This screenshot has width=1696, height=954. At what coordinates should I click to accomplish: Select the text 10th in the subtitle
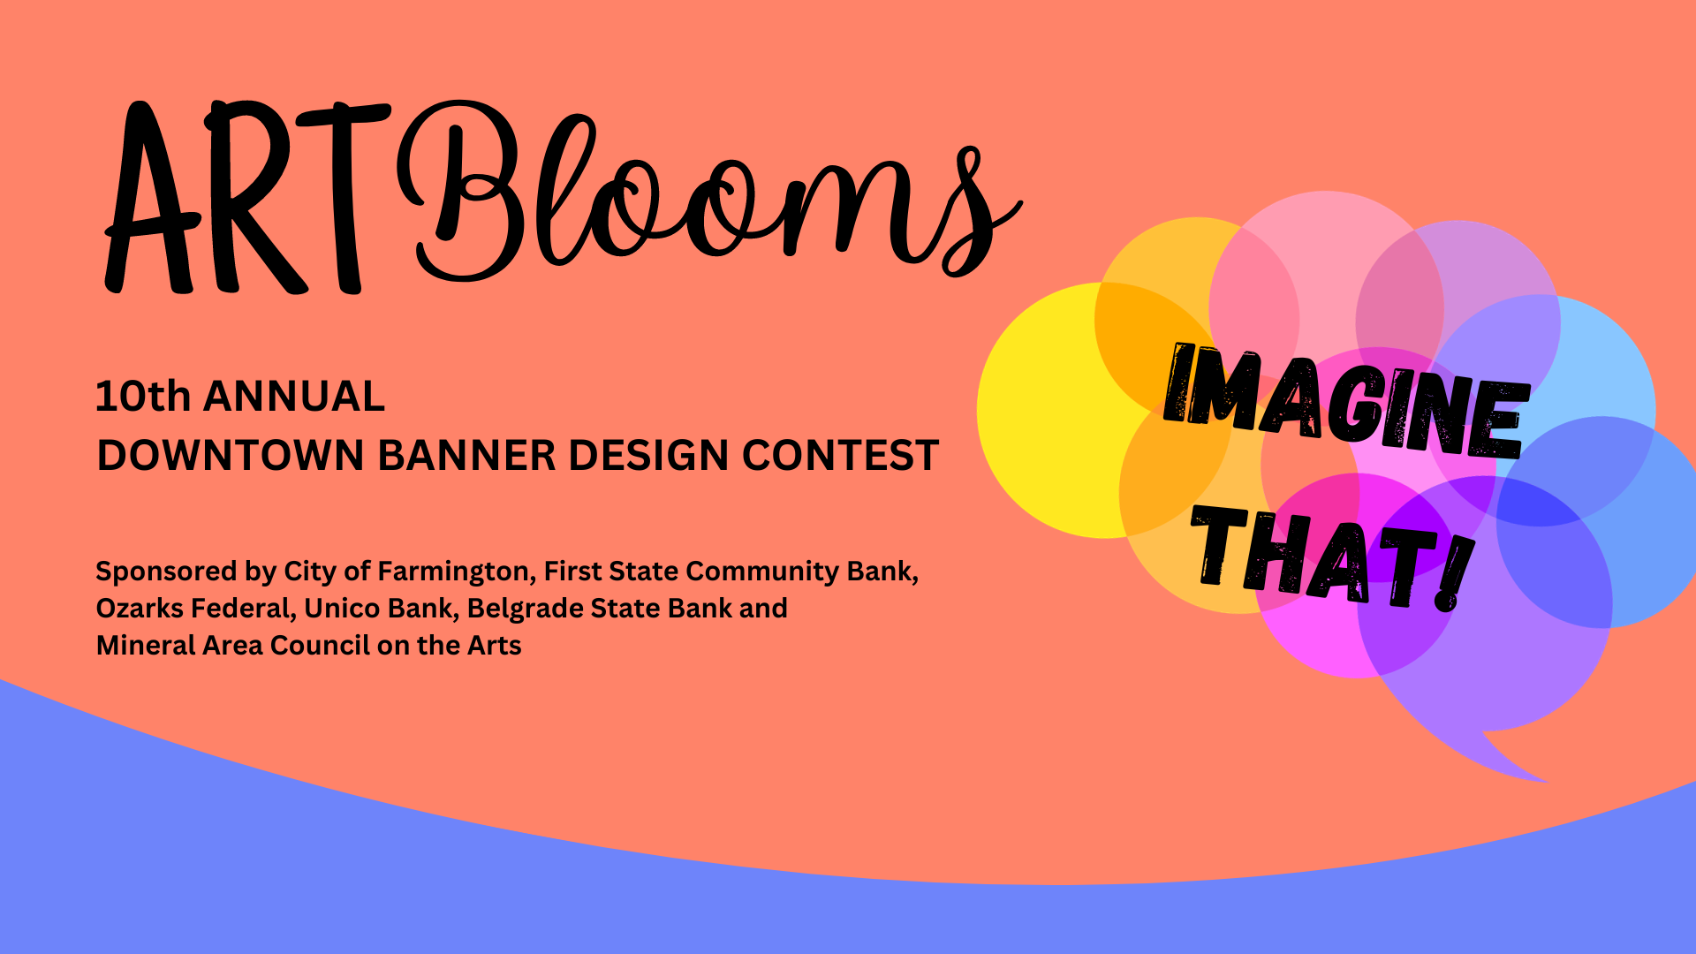[143, 397]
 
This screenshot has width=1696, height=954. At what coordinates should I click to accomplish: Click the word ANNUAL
[294, 397]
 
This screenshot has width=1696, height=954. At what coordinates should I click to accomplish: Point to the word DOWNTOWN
[231, 456]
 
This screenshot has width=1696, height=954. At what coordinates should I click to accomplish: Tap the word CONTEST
[840, 456]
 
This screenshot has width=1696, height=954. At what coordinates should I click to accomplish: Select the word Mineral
[146, 646]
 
